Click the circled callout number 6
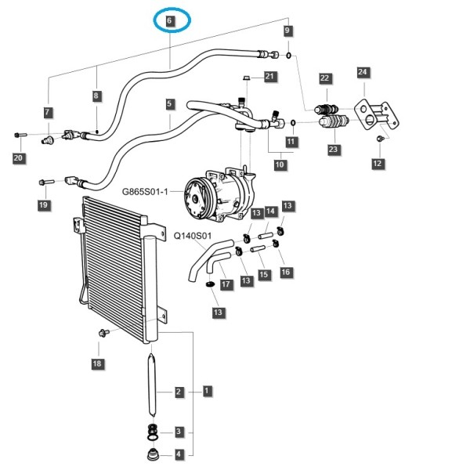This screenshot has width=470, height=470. pyautogui.click(x=170, y=20)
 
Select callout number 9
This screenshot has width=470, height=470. pyautogui.click(x=287, y=30)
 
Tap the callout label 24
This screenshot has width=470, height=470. pyautogui.click(x=363, y=71)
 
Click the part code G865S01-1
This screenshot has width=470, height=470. pyautogui.click(x=145, y=191)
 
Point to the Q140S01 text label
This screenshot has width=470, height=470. pyautogui.click(x=193, y=236)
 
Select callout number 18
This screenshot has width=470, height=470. pyautogui.click(x=97, y=363)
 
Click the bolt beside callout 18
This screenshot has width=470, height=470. pyautogui.click(x=103, y=332)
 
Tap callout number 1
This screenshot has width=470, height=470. pyautogui.click(x=207, y=391)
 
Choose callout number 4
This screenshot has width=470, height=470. pyautogui.click(x=179, y=454)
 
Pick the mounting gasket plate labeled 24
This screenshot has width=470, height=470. pyautogui.click(x=377, y=115)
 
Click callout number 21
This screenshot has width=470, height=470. pyautogui.click(x=269, y=76)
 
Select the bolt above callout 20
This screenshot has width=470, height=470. pyautogui.click(x=20, y=136)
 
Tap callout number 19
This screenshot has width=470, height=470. pyautogui.click(x=43, y=204)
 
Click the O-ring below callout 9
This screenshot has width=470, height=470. pyautogui.click(x=288, y=55)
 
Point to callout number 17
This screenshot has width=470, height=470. pyautogui.click(x=226, y=284)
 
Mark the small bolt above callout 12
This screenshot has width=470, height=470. pyautogui.click(x=381, y=138)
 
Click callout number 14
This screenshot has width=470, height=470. pyautogui.click(x=270, y=211)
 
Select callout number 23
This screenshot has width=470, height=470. pyautogui.click(x=333, y=149)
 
